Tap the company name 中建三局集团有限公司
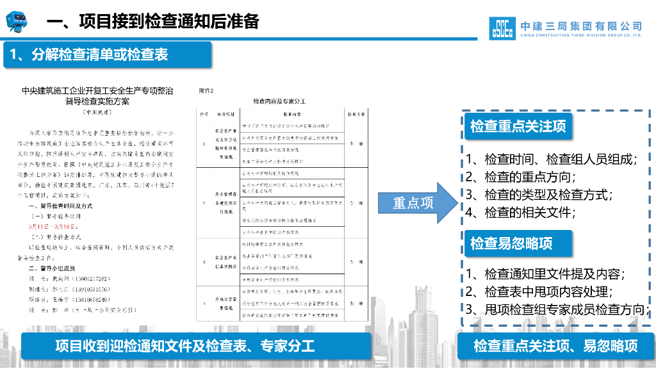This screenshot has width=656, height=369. [581, 26]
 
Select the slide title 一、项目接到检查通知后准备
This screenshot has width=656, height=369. [153, 21]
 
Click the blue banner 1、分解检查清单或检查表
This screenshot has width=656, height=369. [90, 55]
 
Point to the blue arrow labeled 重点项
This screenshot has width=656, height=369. [416, 203]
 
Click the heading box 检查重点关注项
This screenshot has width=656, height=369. [518, 126]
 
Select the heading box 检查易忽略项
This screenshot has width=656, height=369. [511, 243]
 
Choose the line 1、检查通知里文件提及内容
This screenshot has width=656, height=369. [545, 274]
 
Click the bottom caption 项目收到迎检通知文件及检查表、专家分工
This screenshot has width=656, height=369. [185, 347]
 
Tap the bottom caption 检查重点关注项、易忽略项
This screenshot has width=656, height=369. [555, 347]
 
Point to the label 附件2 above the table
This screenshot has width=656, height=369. [206, 91]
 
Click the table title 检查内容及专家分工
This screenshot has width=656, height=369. [279, 101]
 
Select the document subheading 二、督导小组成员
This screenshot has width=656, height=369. [54, 268]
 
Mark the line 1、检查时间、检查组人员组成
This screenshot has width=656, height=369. [551, 160]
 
